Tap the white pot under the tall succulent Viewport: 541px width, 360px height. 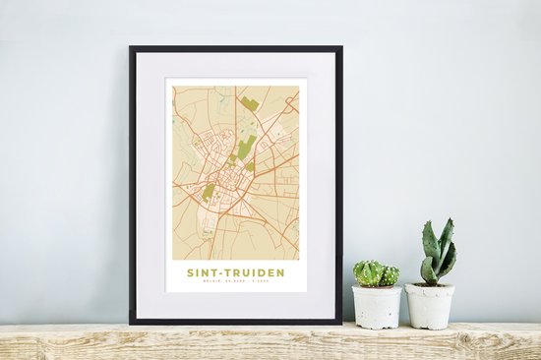[430, 306]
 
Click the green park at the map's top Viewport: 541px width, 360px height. [251, 103]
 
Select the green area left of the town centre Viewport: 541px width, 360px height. [208, 191]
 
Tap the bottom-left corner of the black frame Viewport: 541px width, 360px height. [132, 322]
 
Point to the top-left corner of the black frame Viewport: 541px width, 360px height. [132, 48]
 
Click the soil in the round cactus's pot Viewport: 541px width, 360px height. [378, 287]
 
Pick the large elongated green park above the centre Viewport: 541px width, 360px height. [245, 148]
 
